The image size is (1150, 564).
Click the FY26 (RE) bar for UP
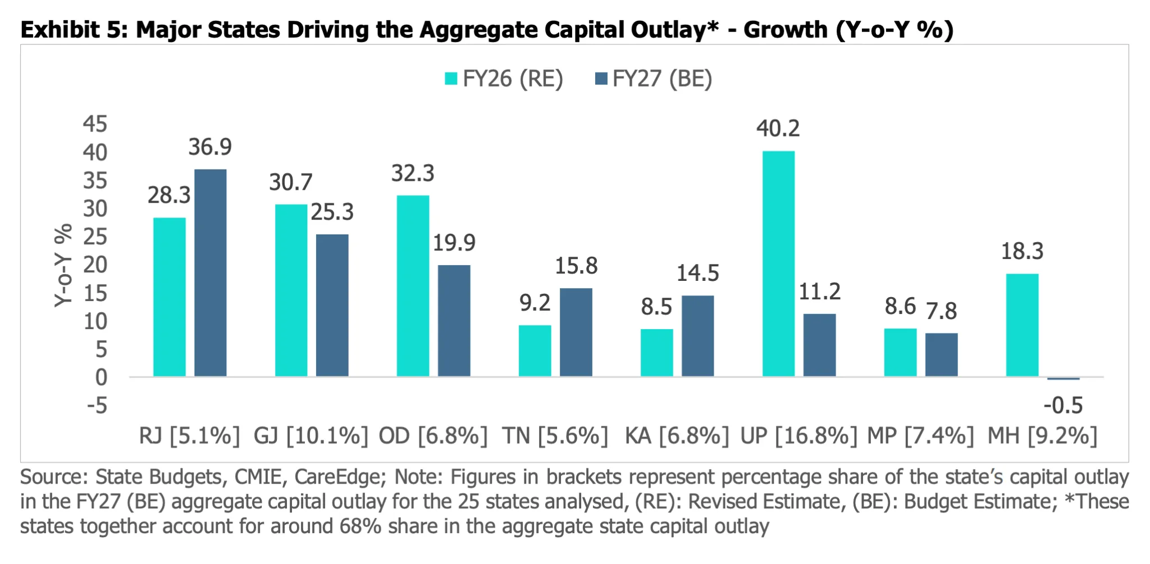(x=778, y=263)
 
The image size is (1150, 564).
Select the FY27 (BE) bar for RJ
(x=211, y=272)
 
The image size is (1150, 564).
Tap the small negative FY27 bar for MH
(x=1064, y=379)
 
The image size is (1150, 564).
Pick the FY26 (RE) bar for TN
(x=535, y=351)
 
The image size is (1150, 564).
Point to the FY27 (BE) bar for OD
(x=454, y=321)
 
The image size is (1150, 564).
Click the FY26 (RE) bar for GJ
(x=291, y=290)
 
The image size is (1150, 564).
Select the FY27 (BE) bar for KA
(x=698, y=336)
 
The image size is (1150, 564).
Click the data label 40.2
(x=778, y=129)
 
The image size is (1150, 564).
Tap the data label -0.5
(x=1063, y=405)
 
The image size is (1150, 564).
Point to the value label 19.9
(x=454, y=243)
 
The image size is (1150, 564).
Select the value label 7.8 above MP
(x=941, y=311)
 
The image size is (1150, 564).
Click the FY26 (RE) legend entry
(x=504, y=79)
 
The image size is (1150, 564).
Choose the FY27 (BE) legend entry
(x=654, y=79)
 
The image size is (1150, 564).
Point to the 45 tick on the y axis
(x=95, y=124)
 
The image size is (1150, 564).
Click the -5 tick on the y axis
(x=97, y=405)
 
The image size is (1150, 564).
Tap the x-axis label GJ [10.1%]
(x=311, y=436)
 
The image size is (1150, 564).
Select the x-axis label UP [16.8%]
(x=798, y=436)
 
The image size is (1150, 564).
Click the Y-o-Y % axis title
(x=63, y=265)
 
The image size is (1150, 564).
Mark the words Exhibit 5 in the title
(x=70, y=30)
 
